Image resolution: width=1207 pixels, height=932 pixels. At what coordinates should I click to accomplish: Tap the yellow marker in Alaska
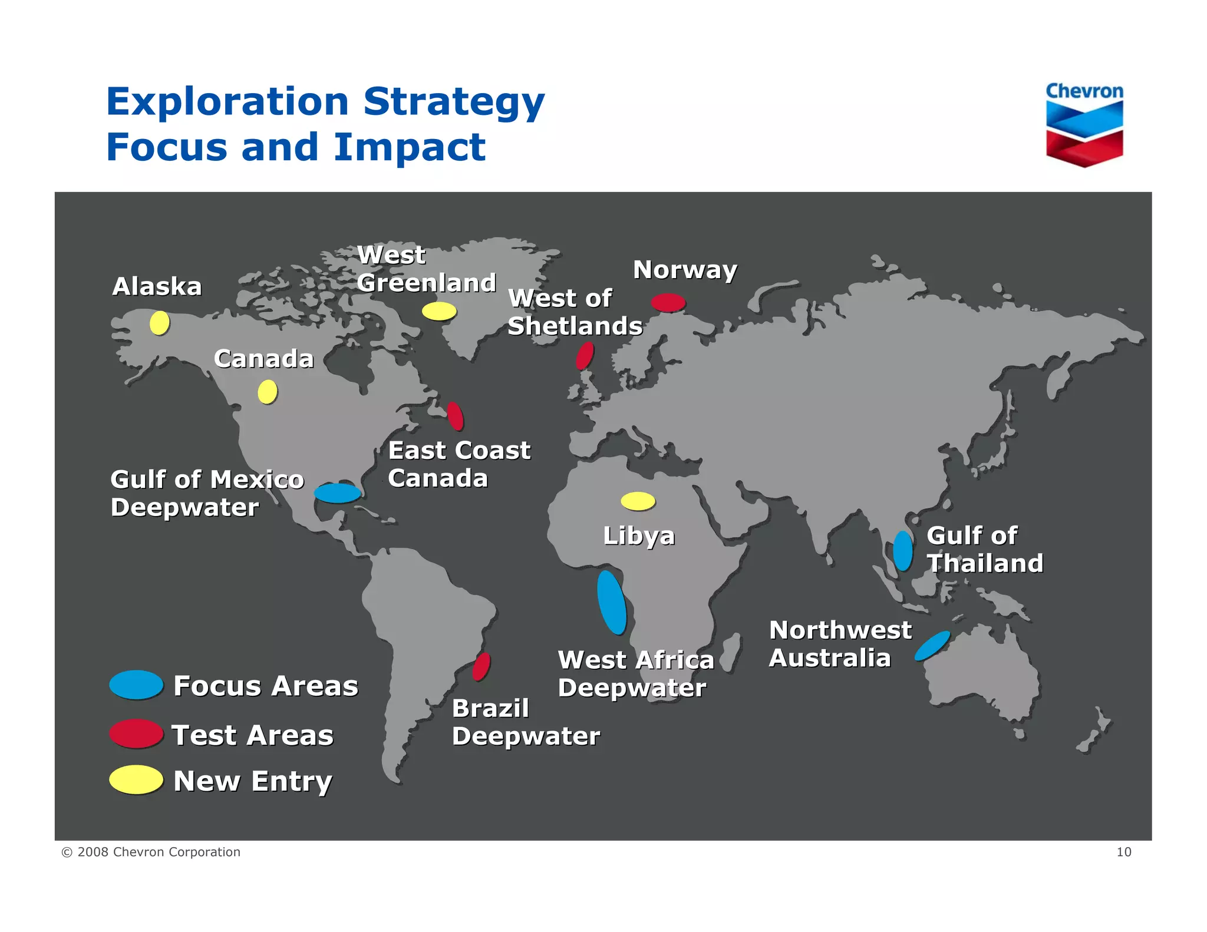coord(159,323)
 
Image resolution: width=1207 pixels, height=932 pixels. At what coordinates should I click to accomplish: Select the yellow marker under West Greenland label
coord(439,311)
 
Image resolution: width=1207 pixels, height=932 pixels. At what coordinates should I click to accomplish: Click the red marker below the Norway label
coord(668,303)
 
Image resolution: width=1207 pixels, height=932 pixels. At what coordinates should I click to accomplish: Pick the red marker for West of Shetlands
coord(585,356)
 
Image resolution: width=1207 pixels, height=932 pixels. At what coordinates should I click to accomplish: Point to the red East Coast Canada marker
coord(455,416)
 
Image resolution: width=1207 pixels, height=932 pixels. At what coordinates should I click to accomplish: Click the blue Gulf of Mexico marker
coord(337,493)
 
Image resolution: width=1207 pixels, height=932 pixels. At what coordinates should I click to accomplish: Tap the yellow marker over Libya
coord(638,501)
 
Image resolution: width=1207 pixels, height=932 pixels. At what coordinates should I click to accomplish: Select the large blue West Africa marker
coord(612,602)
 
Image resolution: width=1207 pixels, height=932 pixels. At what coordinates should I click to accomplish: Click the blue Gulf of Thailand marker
coord(902,551)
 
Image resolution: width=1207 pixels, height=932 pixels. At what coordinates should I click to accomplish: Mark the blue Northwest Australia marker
coord(932,646)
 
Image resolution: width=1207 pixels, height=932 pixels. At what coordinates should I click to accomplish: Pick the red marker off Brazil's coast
coord(482,666)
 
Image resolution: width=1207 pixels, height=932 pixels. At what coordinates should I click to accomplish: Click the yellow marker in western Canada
coord(268,392)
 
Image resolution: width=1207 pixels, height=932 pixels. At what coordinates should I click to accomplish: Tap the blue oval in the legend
coord(136,685)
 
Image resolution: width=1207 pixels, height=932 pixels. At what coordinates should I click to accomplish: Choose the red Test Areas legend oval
coord(136,734)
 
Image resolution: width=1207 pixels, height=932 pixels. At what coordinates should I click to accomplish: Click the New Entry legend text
coord(253,781)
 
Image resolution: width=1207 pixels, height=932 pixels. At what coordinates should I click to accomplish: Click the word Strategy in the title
coord(454,103)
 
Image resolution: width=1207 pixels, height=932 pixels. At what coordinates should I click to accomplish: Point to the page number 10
coord(1123,852)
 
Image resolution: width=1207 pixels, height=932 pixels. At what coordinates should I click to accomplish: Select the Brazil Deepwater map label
coord(525,722)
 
